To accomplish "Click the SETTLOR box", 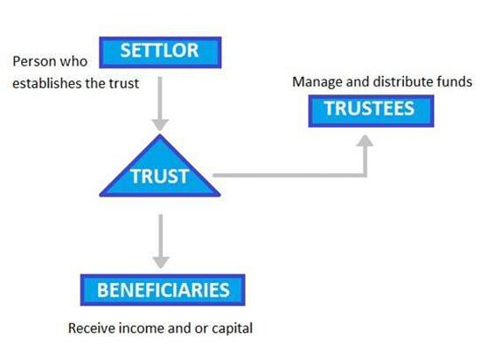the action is [x=160, y=52].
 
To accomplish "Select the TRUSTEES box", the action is [x=371, y=111].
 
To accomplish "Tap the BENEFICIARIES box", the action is [x=163, y=289].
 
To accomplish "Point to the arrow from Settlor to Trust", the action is [x=160, y=104].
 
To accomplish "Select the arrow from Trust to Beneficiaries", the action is [x=161, y=241].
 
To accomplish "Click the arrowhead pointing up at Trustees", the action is [x=365, y=141].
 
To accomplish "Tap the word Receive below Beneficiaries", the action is [x=92, y=329].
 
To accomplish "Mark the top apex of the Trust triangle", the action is [x=160, y=135].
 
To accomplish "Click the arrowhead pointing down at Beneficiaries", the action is [x=161, y=262].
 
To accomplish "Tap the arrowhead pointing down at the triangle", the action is [x=160, y=125].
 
